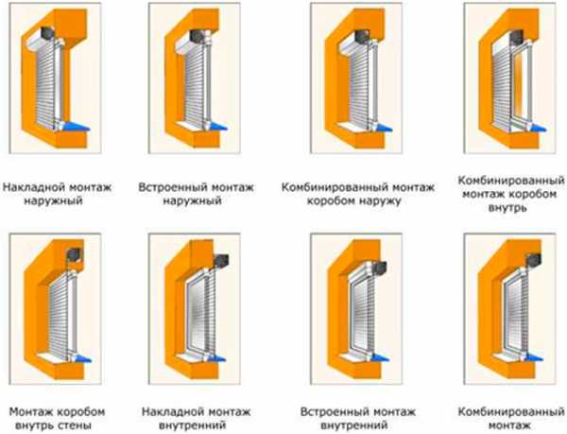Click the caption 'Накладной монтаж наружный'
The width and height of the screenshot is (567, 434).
[x=57, y=194]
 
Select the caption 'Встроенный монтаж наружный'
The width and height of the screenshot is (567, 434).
[x=196, y=194]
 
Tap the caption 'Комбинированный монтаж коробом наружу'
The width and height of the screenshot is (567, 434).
[x=357, y=194]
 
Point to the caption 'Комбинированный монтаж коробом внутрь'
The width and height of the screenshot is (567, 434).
[x=511, y=194]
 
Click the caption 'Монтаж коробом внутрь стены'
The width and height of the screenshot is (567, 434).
[x=57, y=418]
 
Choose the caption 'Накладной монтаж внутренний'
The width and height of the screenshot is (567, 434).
[x=196, y=418]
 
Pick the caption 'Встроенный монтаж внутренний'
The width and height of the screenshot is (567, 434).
[x=357, y=418]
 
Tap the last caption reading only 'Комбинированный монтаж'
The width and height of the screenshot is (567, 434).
[x=511, y=418]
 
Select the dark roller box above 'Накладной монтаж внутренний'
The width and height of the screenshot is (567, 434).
[x=221, y=261]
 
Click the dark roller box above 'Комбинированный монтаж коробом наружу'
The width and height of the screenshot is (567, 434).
[x=362, y=36]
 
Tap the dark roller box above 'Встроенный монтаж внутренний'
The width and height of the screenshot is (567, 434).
[x=380, y=268]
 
